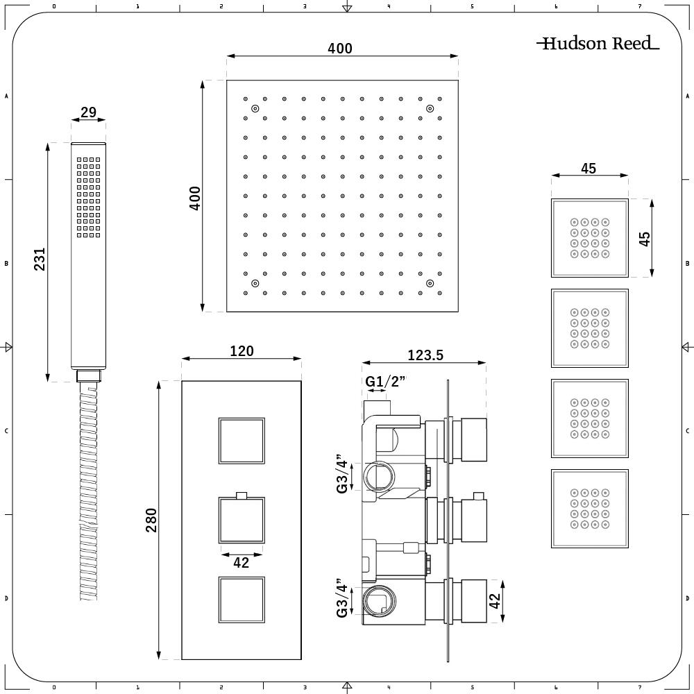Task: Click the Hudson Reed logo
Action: (x=598, y=44)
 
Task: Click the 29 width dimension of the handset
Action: (x=88, y=112)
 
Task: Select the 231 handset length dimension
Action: (x=40, y=259)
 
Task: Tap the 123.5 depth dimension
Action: (x=425, y=355)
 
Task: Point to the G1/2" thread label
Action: (x=385, y=382)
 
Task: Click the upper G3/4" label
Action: (x=342, y=474)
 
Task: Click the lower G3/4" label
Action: (x=342, y=598)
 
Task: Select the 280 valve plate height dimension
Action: (x=151, y=520)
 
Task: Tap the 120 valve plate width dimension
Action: (x=242, y=351)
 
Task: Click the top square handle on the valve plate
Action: (x=242, y=441)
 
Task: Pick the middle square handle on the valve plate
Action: (x=242, y=520)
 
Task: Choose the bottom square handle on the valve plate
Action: (x=242, y=600)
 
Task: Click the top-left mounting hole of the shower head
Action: (x=255, y=108)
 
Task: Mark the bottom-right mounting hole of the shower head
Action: (x=430, y=283)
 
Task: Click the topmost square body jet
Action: (x=589, y=237)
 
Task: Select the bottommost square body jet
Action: (x=589, y=509)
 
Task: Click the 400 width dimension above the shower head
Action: (x=340, y=49)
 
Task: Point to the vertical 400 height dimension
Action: (x=195, y=198)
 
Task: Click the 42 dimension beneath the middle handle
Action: (x=241, y=563)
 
